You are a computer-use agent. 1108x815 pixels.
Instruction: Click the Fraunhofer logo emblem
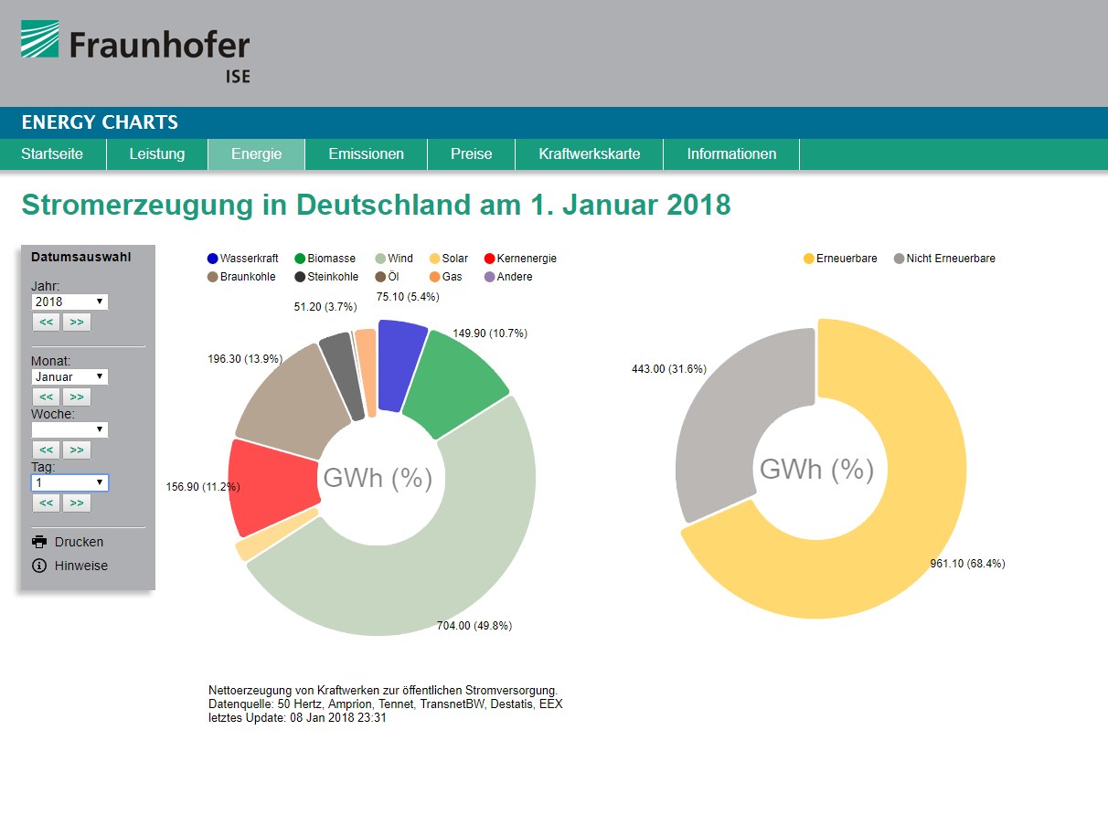pyautogui.click(x=40, y=40)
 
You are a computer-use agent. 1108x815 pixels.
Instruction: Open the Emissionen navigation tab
pyautogui.click(x=366, y=154)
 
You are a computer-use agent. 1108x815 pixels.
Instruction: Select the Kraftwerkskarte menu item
pyautogui.click(x=589, y=154)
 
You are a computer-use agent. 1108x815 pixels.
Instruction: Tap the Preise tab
pyautogui.click(x=471, y=154)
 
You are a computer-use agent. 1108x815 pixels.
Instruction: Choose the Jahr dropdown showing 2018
pyautogui.click(x=69, y=302)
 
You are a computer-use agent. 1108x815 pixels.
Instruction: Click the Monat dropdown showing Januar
pyautogui.click(x=69, y=376)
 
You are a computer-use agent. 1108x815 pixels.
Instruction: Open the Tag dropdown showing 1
pyautogui.click(x=69, y=482)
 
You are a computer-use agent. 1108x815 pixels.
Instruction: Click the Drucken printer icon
pyautogui.click(x=39, y=542)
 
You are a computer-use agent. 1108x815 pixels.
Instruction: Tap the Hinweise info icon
pyautogui.click(x=39, y=566)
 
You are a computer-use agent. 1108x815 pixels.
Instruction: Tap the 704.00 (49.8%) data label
pyautogui.click(x=474, y=626)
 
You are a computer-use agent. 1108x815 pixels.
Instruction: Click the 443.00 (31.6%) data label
pyautogui.click(x=668, y=369)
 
